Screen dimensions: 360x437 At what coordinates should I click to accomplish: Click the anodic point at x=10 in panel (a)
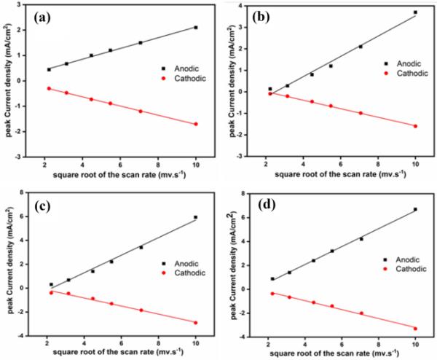click(195, 27)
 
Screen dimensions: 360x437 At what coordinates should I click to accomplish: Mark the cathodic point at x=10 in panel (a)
click(195, 124)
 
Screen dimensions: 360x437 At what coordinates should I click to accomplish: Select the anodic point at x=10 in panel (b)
click(415, 12)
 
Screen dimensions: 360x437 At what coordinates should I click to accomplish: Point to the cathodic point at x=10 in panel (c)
click(195, 323)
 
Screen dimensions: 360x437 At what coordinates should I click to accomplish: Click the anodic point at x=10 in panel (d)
click(415, 210)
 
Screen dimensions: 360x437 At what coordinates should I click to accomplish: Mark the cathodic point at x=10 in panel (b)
click(415, 126)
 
